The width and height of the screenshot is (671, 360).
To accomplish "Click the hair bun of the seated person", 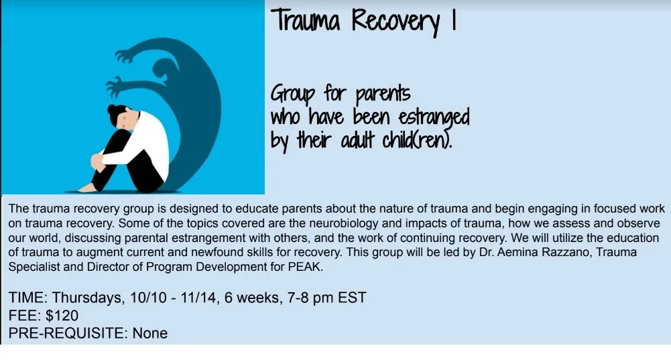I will click(109, 110).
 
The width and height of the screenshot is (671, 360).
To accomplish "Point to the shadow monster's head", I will click(164, 70).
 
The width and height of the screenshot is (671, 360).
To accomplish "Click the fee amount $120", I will click(62, 315).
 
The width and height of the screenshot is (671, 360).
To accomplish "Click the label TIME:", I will click(27, 298).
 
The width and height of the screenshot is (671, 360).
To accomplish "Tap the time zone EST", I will click(350, 298).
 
